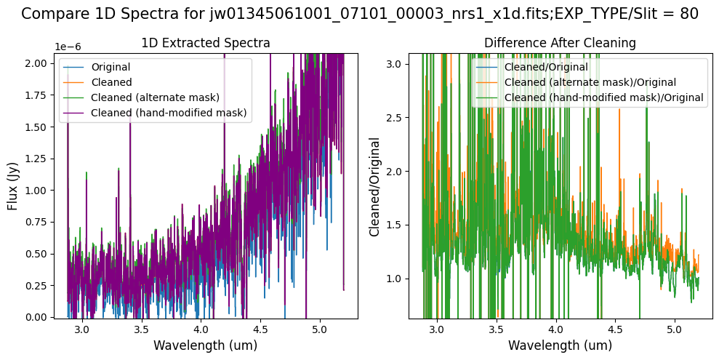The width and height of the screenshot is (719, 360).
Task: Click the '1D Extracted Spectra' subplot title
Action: click(x=206, y=44)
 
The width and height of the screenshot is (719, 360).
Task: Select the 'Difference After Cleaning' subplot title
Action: click(x=560, y=44)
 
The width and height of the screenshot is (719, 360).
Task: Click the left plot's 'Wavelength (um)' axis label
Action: click(x=206, y=345)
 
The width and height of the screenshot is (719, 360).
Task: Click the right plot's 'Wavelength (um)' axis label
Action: click(x=560, y=345)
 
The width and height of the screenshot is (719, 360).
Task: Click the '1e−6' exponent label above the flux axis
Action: click(x=66, y=47)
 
